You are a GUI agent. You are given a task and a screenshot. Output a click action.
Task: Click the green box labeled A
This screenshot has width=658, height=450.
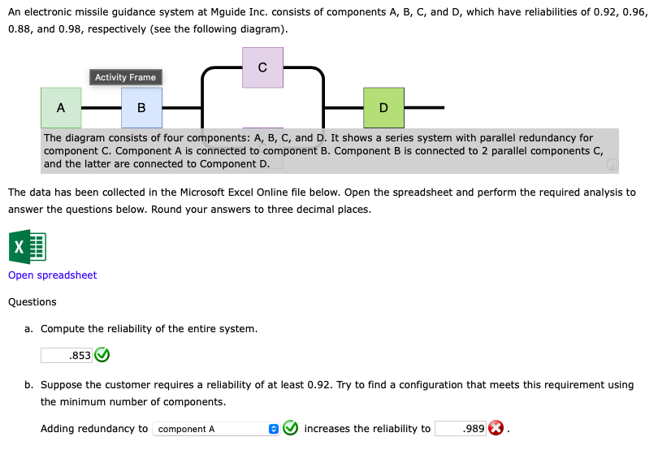pyautogui.click(x=62, y=108)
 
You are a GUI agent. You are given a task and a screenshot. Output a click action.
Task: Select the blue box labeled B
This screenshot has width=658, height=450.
pyautogui.click(x=141, y=108)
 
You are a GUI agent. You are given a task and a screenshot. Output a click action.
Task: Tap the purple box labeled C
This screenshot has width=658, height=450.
pyautogui.click(x=262, y=67)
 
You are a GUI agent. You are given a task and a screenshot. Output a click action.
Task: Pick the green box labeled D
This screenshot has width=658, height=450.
pyautogui.click(x=383, y=108)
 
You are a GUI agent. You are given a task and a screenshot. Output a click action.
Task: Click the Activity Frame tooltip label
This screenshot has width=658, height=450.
pyautogui.click(x=125, y=77)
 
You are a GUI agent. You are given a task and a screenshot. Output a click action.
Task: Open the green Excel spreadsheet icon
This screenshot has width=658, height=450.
pyautogui.click(x=27, y=247)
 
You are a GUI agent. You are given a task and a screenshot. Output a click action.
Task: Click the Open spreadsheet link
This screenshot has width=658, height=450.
pyautogui.click(x=52, y=275)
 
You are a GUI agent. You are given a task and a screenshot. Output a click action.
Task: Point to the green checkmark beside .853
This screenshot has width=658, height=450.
pyautogui.click(x=102, y=355)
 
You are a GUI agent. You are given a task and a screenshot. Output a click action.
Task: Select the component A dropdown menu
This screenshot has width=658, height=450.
pyautogui.click(x=211, y=429)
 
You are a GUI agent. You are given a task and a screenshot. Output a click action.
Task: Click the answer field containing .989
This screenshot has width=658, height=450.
pyautogui.click(x=461, y=429)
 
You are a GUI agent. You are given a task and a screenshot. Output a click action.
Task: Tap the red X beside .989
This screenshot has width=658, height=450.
pyautogui.click(x=496, y=429)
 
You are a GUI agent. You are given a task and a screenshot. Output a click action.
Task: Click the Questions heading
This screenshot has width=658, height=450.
pyautogui.click(x=32, y=302)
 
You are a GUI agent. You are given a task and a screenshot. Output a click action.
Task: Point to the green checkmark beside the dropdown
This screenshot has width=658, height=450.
pyautogui.click(x=290, y=429)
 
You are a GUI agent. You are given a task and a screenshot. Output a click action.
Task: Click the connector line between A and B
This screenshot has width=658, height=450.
pyautogui.click(x=102, y=107)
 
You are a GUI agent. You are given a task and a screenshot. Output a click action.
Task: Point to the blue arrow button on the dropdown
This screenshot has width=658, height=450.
pyautogui.click(x=274, y=429)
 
